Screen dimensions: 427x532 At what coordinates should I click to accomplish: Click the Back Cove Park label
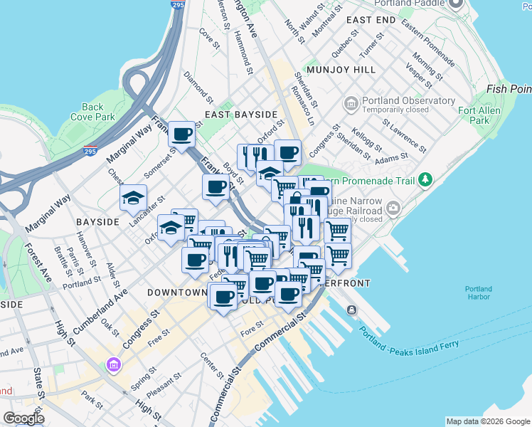point(92,112)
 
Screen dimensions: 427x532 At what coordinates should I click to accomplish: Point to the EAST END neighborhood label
point(371,21)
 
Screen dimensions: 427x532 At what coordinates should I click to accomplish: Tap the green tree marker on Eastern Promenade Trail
point(425,178)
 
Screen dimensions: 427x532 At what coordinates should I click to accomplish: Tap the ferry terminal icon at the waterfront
point(352,310)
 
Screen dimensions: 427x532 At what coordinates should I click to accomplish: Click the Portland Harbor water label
point(478,293)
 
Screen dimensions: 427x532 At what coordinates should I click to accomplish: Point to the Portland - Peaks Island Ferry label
point(409,341)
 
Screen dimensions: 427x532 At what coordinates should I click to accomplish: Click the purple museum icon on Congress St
point(113,365)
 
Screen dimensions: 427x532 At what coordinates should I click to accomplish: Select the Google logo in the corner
point(23,418)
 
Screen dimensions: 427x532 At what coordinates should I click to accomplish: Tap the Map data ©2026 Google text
point(487,421)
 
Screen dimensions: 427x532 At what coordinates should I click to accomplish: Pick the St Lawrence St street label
point(403,135)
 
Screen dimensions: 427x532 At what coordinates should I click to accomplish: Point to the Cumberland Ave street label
point(99,307)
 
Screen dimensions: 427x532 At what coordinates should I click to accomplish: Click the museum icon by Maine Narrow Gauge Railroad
point(393,209)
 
